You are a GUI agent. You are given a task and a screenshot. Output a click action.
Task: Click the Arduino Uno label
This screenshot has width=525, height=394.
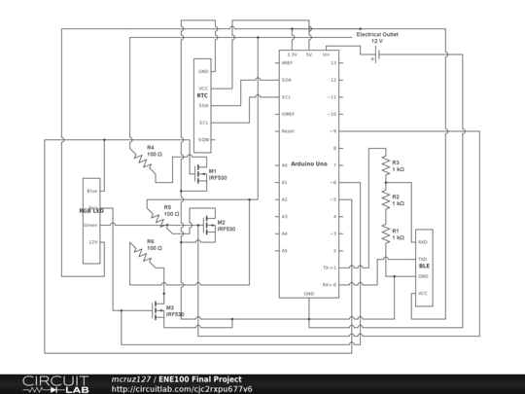[308, 163]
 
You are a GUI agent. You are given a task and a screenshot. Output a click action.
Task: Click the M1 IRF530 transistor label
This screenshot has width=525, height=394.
[217, 174]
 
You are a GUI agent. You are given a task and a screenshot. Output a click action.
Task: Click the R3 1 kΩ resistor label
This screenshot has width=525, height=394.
[398, 165]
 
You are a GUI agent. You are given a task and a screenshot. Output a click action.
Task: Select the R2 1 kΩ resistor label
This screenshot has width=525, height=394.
[398, 200]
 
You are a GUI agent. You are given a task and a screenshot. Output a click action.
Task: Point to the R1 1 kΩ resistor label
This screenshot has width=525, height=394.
[398, 234]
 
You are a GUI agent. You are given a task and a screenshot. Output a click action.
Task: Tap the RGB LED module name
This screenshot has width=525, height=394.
[90, 210]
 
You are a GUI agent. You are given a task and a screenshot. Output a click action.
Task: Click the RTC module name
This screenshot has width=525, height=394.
[202, 96]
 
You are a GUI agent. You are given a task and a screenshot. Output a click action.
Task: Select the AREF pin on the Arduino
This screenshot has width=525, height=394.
[287, 62]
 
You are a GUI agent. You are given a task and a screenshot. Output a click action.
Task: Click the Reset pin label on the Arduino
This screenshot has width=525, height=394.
[288, 130]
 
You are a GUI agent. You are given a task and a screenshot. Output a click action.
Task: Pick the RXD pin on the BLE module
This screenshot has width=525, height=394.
[423, 241]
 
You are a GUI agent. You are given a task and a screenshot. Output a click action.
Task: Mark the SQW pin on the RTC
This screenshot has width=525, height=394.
[203, 139]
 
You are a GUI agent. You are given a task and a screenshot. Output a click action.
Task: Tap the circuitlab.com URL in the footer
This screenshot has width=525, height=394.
[182, 389]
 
